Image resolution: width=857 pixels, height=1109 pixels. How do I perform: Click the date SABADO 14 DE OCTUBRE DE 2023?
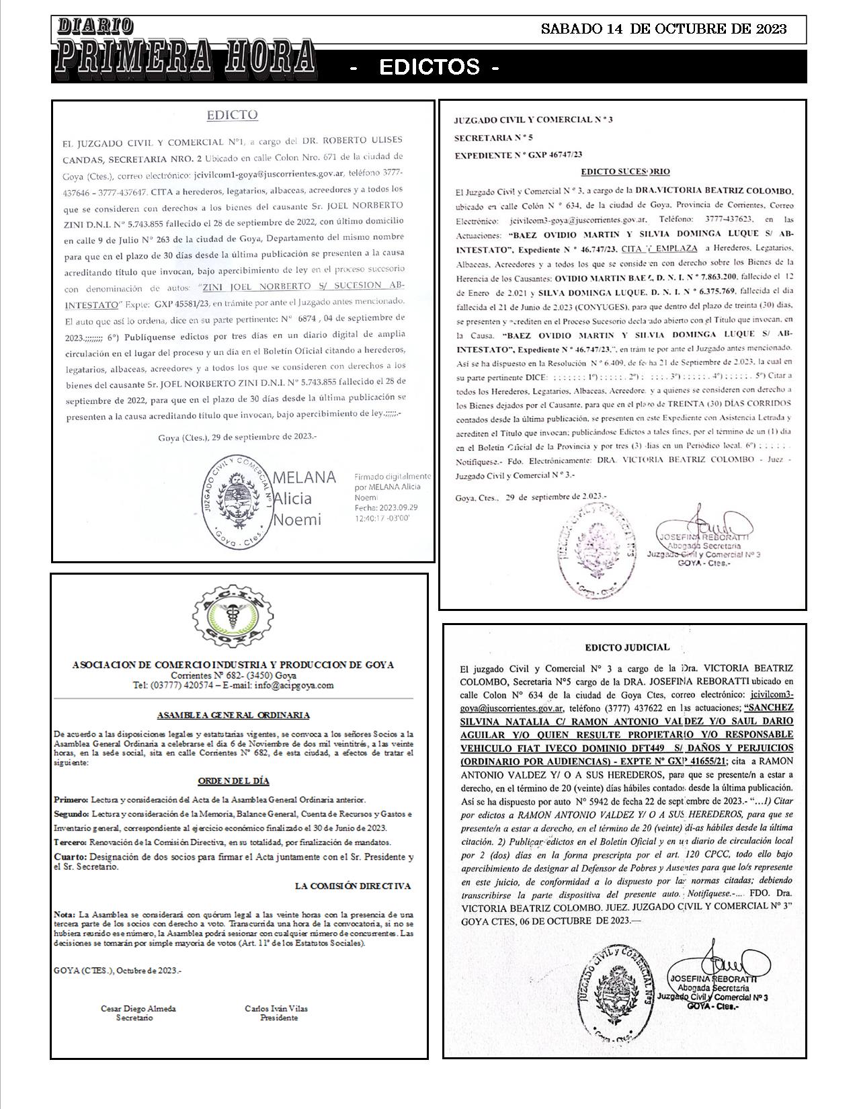pyautogui.click(x=663, y=29)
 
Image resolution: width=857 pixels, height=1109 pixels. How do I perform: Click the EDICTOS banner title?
pyautogui.click(x=430, y=67)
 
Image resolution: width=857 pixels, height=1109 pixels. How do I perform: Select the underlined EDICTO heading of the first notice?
pyautogui.click(x=232, y=115)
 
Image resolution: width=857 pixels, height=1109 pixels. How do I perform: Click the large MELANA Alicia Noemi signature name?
pyautogui.click(x=304, y=498)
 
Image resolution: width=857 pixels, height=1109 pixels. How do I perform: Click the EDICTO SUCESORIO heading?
pyautogui.click(x=625, y=171)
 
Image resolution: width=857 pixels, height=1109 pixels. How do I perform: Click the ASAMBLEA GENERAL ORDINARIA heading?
pyautogui.click(x=233, y=715)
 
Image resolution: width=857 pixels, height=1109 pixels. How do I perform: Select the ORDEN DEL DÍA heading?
pyautogui.click(x=233, y=781)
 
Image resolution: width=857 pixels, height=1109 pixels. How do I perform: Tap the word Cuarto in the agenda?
pyautogui.click(x=69, y=857)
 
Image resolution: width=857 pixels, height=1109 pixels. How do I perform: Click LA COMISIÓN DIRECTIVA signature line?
pyautogui.click(x=352, y=887)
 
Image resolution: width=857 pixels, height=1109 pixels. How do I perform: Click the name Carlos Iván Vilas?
pyautogui.click(x=278, y=1008)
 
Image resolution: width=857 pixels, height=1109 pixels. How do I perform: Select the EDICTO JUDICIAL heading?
pyautogui.click(x=627, y=647)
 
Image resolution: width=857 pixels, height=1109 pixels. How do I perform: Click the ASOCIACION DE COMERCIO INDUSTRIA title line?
pyautogui.click(x=233, y=665)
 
